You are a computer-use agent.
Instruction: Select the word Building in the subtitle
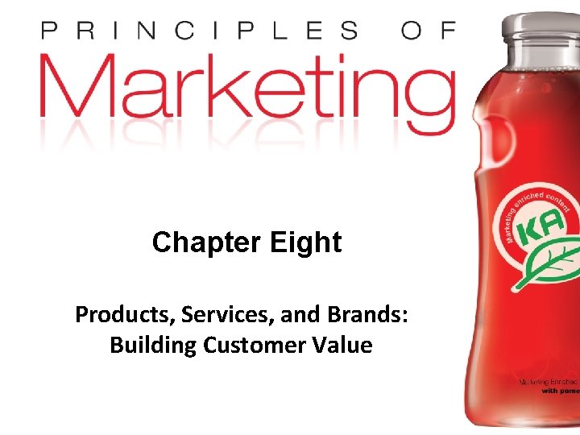click(x=148, y=346)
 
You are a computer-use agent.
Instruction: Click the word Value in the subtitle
click(x=343, y=346)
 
